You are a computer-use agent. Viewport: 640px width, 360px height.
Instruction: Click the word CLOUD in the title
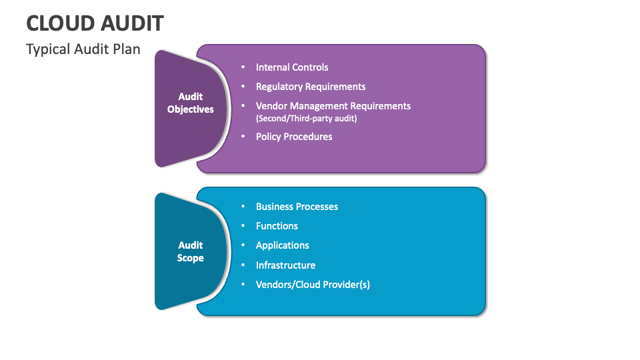(x=59, y=23)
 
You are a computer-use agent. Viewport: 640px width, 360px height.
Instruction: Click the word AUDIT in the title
(x=131, y=23)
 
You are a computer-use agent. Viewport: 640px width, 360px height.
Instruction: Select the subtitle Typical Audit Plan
(x=83, y=49)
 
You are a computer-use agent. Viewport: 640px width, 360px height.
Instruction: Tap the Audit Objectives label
(x=191, y=103)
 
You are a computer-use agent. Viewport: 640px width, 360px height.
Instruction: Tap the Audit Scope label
(x=191, y=252)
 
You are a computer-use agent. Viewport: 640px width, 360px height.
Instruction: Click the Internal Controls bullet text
(x=292, y=67)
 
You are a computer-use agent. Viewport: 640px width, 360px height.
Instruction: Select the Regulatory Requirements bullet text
(x=311, y=87)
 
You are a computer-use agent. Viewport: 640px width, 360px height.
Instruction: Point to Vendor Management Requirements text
(x=333, y=106)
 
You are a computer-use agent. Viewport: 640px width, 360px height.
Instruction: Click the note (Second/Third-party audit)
(x=307, y=119)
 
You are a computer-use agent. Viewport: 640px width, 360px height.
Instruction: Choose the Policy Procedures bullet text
(x=294, y=137)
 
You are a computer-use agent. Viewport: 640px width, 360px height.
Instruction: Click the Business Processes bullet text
(x=297, y=207)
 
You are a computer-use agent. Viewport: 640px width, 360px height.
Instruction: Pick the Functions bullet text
(x=277, y=226)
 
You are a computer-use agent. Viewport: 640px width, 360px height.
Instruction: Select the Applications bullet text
(x=283, y=245)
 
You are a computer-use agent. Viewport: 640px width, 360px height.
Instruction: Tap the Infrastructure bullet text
(x=285, y=265)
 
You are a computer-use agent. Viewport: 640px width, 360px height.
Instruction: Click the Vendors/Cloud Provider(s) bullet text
(x=313, y=285)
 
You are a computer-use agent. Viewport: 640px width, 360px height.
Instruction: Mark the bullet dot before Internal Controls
(x=243, y=67)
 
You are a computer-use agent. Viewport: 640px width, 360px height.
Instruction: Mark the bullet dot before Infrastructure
(x=243, y=265)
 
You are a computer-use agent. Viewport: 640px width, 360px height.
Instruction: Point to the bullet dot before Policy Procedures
(x=243, y=137)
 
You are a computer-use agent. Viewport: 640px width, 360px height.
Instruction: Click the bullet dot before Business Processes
(x=243, y=207)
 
